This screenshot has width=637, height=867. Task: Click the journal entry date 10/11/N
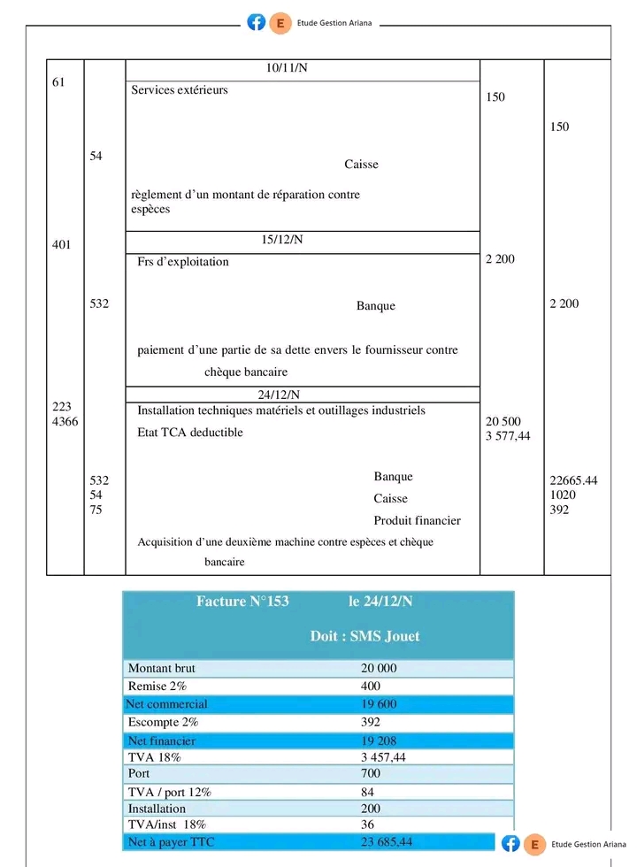click(x=287, y=69)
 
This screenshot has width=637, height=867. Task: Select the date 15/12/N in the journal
click(x=281, y=240)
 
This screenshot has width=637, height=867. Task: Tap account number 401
click(x=62, y=245)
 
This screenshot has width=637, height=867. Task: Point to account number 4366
click(x=65, y=422)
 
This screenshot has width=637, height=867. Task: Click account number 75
click(x=96, y=510)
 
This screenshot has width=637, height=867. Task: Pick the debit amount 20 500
click(x=503, y=421)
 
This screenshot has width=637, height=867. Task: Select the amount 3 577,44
click(x=509, y=436)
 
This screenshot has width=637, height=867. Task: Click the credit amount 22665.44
click(x=573, y=480)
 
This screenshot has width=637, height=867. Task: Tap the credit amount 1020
click(x=563, y=495)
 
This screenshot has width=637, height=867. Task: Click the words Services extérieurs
click(x=180, y=90)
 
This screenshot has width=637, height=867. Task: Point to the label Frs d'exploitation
click(x=183, y=262)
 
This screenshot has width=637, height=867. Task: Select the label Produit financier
click(x=417, y=521)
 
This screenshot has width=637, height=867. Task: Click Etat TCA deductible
click(x=190, y=433)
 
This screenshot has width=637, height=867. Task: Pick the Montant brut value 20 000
click(x=379, y=669)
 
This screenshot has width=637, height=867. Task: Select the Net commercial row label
click(x=167, y=704)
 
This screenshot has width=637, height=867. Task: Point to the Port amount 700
click(x=371, y=774)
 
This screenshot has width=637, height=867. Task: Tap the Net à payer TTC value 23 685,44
click(x=387, y=841)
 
